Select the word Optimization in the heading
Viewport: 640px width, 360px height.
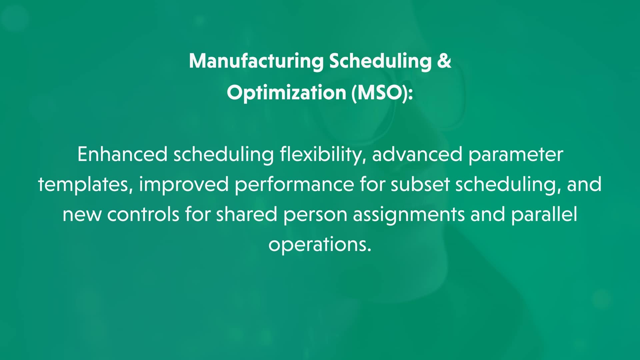tap(286, 92)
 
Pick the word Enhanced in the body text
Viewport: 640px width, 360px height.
tap(122, 155)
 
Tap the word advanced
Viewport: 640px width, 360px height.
tap(417, 155)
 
